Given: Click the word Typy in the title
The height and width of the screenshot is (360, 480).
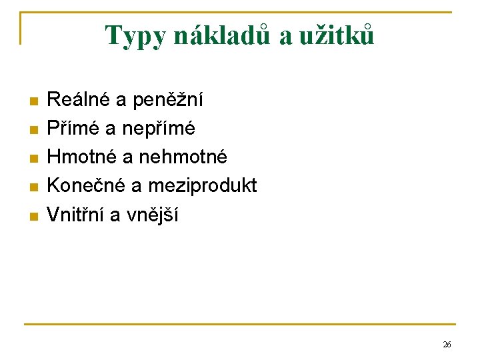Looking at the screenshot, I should coord(136,36).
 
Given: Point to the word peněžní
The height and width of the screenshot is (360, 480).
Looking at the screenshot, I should coord(169,101).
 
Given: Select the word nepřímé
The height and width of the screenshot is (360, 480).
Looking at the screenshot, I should coord(159,129).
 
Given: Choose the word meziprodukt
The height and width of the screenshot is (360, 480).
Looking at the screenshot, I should coord(202,186).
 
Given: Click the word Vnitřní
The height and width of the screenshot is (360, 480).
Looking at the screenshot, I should coord(73,215).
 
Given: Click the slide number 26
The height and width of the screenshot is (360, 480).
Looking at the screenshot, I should coord(447,345).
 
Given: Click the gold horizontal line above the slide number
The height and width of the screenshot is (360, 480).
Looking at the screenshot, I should coord(240,325).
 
